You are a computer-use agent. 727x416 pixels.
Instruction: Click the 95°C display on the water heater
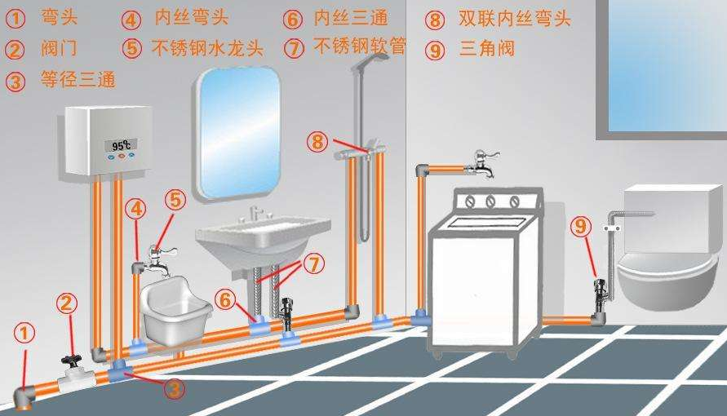[121, 146]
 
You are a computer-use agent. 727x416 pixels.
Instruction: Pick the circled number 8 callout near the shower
[317, 141]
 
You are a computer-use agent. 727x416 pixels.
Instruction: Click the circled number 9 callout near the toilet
[580, 226]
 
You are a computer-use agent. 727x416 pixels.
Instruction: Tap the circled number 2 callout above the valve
[67, 303]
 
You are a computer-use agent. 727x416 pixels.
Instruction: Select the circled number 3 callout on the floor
[174, 389]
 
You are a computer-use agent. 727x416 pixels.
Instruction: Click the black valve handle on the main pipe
[69, 359]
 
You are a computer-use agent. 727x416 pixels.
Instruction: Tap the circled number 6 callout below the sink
[226, 299]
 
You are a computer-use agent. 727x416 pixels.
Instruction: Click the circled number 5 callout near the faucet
[175, 199]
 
